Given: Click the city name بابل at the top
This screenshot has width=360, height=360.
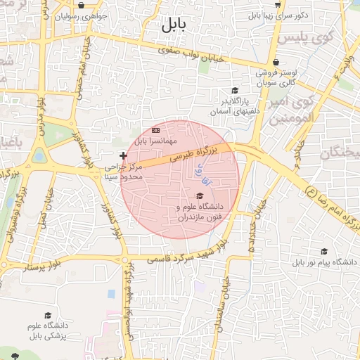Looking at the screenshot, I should [x=171, y=26].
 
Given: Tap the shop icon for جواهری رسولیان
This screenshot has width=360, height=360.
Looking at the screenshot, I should [x=82, y=6].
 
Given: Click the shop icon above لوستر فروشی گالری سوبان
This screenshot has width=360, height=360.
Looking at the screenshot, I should [x=276, y=62].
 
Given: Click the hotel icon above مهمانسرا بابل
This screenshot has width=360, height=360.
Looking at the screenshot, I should [x=156, y=131].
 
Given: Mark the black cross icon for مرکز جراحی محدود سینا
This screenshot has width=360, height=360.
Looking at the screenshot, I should [x=124, y=155].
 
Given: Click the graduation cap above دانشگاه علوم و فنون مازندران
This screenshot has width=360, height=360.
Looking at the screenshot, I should [x=199, y=196].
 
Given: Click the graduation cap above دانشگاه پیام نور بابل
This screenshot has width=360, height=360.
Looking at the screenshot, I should [x=324, y=251].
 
